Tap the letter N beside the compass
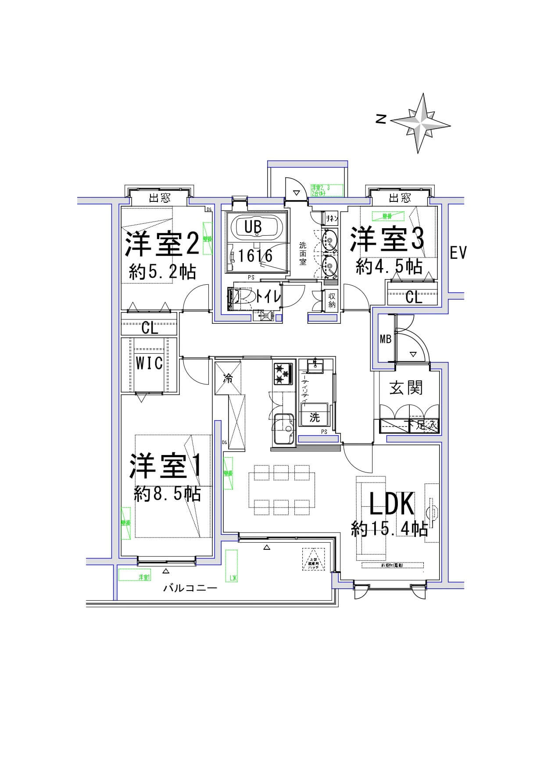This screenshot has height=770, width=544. click(x=381, y=119)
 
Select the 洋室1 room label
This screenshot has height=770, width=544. click(x=165, y=466)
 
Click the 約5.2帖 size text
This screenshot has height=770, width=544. click(x=162, y=272)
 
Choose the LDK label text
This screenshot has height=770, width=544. click(x=392, y=504)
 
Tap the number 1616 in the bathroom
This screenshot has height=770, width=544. click(x=256, y=255)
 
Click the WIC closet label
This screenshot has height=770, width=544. click(x=149, y=363)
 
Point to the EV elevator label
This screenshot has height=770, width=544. click(x=458, y=253)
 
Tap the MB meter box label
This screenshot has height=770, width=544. click(x=385, y=339)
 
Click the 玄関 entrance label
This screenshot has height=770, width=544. click(x=406, y=388)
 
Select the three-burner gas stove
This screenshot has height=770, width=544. click(x=283, y=374)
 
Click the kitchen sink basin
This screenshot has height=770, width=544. click(x=283, y=428)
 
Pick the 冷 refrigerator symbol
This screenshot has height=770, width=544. click(x=228, y=378)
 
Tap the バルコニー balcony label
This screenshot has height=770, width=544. click(x=190, y=587)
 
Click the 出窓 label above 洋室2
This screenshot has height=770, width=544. click(x=160, y=198)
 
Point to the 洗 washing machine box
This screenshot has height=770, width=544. click(x=314, y=417)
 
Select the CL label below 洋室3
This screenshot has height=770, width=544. click(x=413, y=298)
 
